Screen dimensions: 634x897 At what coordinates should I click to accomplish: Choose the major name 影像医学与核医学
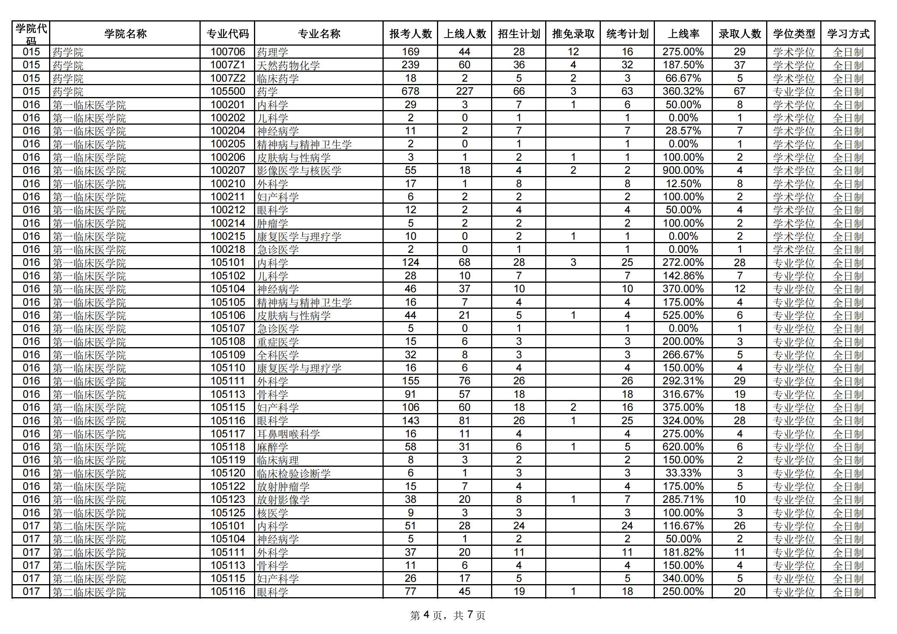(x=299, y=171)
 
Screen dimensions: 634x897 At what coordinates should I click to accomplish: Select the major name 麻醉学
(x=272, y=447)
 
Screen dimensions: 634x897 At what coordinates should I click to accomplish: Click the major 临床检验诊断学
(x=294, y=473)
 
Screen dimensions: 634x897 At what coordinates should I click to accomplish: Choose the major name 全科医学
(x=278, y=355)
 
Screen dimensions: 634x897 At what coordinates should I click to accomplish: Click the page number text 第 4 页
(x=426, y=616)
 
